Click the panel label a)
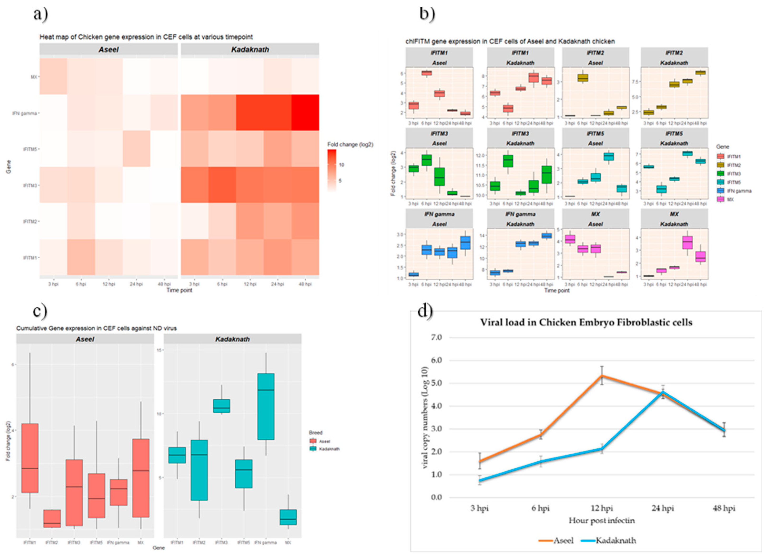coord(41,14)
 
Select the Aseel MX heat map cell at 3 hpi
coord(53,76)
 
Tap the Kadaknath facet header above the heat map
coord(250,50)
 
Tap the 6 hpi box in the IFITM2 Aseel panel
coord(582,78)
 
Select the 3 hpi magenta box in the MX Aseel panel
coord(570,239)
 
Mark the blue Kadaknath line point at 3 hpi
coord(480,480)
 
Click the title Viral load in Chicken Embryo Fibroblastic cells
coord(586,322)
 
